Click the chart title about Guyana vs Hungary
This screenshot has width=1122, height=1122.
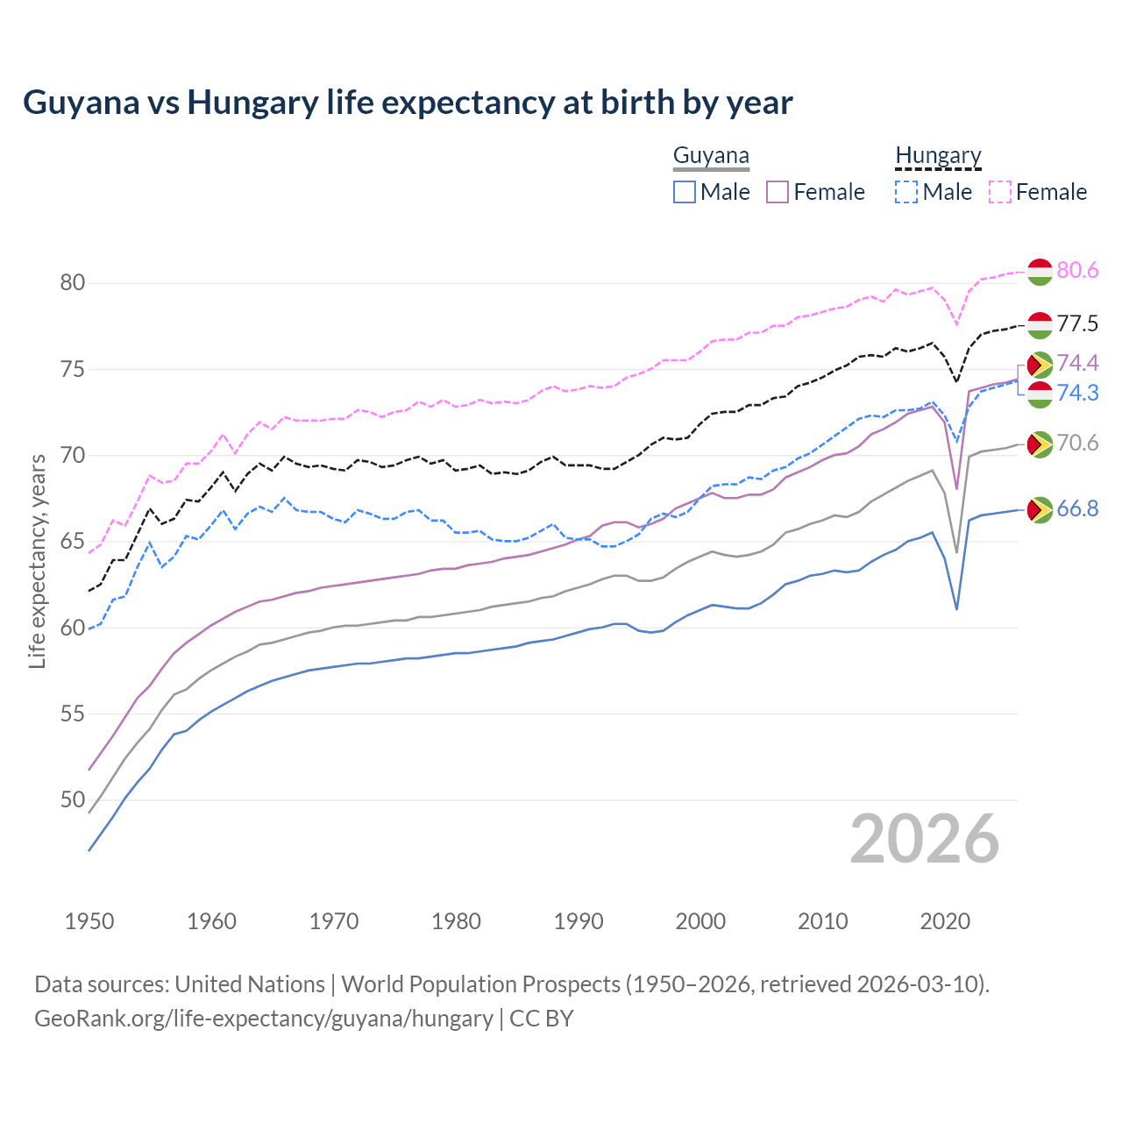pos(408,103)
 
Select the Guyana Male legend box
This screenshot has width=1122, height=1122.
pos(685,192)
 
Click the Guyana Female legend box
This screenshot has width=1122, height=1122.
pos(778,192)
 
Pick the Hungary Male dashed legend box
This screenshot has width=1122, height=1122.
pos(906,192)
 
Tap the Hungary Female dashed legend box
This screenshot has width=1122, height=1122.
pos(1000,192)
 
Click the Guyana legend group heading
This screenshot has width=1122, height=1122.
pos(711,156)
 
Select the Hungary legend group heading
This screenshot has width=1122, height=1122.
pos(938,156)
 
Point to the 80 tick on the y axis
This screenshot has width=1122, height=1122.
pos(73,282)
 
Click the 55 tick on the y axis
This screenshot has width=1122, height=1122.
pos(73,714)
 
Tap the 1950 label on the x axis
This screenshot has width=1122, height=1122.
pos(89,921)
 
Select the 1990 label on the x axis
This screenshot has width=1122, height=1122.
pos(579,921)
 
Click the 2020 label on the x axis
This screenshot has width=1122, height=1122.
pos(946,921)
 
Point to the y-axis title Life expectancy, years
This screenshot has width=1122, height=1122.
pos(37,561)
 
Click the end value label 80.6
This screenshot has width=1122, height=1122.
pos(1077,271)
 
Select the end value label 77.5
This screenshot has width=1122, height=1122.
pos(1077,324)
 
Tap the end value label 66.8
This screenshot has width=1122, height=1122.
pos(1077,509)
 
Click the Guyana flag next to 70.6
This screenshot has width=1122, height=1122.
pos(1040,444)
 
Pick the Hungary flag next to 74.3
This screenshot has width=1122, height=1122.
pos(1040,394)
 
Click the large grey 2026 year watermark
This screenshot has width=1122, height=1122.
pos(925,839)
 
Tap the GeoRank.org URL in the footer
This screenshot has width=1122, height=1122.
pos(263,1019)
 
